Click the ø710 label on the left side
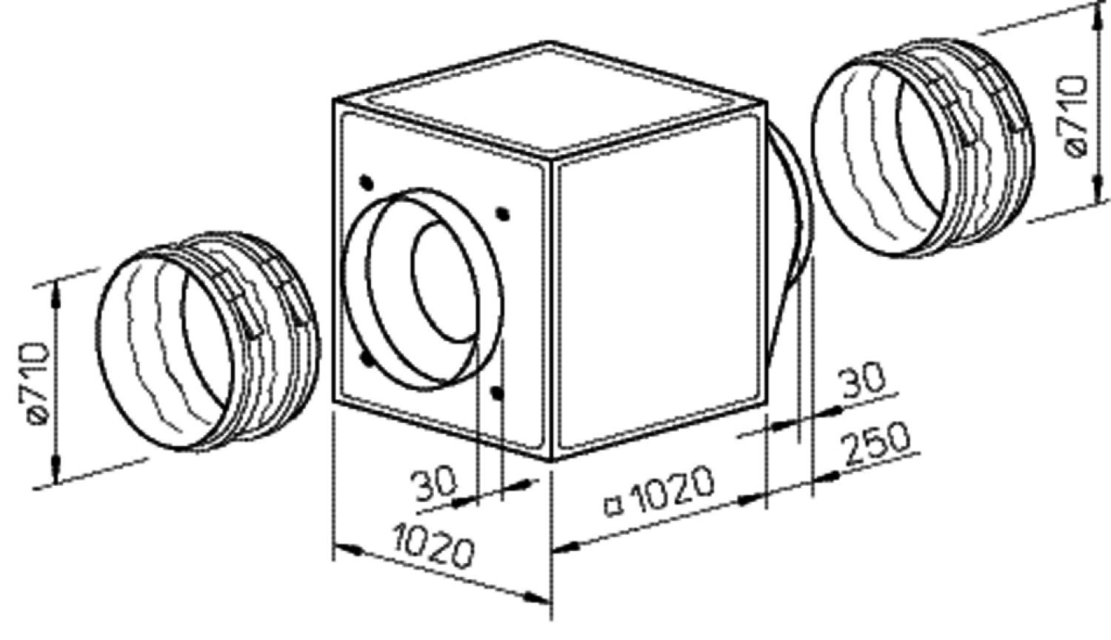tap(36, 383)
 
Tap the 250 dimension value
tap(877, 442)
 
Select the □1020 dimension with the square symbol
tap(661, 491)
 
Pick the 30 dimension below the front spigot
tap(435, 484)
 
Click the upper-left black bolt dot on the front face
tap(367, 182)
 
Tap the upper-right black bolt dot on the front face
tap(504, 214)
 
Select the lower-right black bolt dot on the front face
tap(496, 393)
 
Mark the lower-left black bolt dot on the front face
tap(368, 359)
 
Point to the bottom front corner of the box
tap(550, 461)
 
